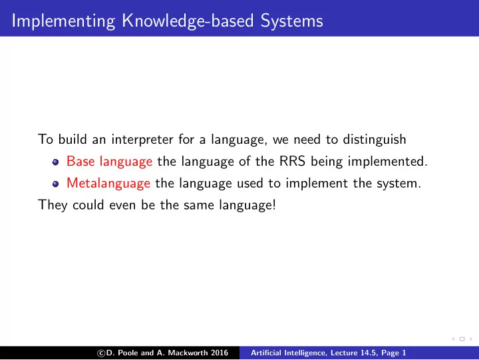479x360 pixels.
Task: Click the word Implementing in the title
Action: coord(64,21)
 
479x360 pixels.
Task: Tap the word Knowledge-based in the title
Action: coord(188,21)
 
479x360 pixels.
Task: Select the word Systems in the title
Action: coord(292,21)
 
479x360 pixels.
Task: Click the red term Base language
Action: coord(109,162)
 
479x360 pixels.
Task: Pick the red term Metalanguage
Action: coord(108,184)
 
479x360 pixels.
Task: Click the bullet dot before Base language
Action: coord(55,162)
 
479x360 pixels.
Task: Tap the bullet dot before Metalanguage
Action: coord(55,184)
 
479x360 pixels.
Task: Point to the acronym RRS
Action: coord(292,161)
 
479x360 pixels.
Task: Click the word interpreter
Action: coord(142,140)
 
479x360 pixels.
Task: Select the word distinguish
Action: coord(375,140)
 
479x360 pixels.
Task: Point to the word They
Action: coord(53,205)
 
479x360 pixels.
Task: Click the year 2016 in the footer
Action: coord(220,353)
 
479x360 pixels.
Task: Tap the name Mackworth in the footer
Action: coord(188,353)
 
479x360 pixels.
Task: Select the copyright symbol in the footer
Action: coord(101,353)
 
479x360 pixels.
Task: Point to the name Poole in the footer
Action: coord(128,353)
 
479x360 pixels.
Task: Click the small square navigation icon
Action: coord(462,339)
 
